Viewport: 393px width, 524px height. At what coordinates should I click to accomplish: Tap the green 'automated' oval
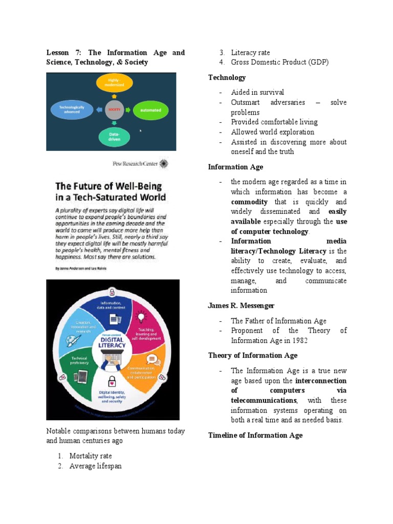[x=150, y=110]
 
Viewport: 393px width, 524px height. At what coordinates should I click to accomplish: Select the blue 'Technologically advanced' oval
[x=75, y=110]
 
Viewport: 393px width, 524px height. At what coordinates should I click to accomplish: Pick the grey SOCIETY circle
[x=114, y=110]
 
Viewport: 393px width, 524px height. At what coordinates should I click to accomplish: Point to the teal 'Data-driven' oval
[x=114, y=137]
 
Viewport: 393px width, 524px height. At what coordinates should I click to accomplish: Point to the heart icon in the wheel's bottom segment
[x=112, y=382]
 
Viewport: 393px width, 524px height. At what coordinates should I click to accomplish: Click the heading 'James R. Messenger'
[x=241, y=305]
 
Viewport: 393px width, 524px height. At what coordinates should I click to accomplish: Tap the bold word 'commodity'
[x=249, y=202]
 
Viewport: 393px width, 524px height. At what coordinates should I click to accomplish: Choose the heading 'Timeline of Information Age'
[x=255, y=435]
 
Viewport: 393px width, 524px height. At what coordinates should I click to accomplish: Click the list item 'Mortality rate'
[x=91, y=455]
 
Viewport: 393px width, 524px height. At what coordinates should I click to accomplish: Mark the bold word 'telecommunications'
[x=263, y=400]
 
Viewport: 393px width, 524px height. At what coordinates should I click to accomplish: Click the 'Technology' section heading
[x=227, y=77]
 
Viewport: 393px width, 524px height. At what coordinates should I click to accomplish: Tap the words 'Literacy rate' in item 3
[x=250, y=53]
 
